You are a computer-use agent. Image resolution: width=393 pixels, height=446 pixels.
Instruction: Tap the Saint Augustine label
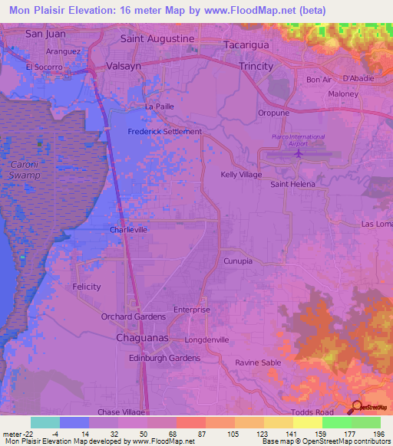(x=158, y=38)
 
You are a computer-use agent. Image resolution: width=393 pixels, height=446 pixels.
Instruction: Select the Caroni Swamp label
(x=25, y=170)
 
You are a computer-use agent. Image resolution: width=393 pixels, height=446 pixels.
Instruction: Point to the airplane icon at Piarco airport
(x=298, y=155)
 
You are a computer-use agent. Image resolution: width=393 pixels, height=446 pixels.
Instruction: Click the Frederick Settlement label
(x=163, y=131)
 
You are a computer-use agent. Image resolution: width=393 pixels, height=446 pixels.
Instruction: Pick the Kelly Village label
(x=242, y=175)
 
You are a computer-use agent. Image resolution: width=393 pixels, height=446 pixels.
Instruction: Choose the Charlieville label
(x=128, y=229)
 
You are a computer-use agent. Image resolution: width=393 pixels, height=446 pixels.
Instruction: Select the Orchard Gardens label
(x=134, y=316)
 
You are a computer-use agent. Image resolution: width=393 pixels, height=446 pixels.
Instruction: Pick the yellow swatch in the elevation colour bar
(x=307, y=422)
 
